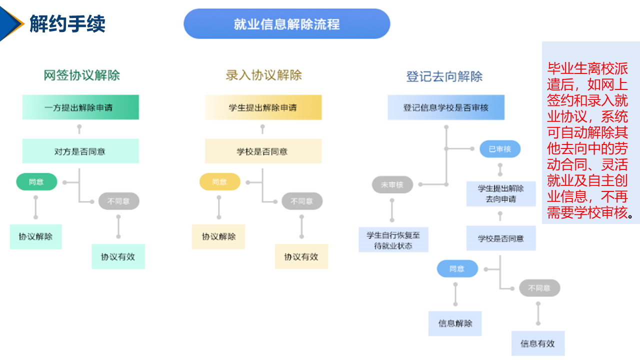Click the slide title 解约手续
[67, 24]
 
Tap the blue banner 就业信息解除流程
[286, 24]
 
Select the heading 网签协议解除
[81, 75]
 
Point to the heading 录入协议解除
[263, 75]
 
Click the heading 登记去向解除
[444, 76]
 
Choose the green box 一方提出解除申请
[80, 107]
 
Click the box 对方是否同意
[80, 151]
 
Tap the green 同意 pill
[36, 182]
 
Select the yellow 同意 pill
[219, 182]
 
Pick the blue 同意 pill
[457, 269]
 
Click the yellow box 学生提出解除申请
[263, 107]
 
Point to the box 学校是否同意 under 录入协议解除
[263, 151]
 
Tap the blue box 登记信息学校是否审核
[446, 107]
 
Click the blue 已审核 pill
[499, 149]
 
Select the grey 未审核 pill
[392, 185]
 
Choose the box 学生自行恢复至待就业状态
[393, 240]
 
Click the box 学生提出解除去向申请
[501, 194]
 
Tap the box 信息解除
[455, 323]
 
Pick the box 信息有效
[537, 343]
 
